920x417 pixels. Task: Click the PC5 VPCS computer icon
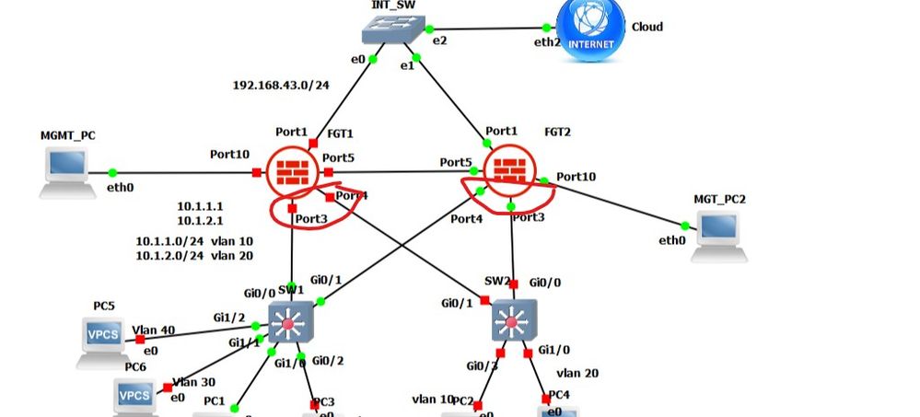(102, 338)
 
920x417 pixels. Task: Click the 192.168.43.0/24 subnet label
(280, 86)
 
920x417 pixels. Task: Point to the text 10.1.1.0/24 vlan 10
(194, 241)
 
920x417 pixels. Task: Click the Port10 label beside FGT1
(229, 154)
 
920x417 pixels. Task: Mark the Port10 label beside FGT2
(576, 176)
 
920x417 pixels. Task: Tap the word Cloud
(646, 27)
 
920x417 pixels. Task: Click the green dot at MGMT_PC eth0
(112, 172)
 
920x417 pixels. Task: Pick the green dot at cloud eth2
(547, 29)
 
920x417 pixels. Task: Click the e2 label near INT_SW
(439, 41)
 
